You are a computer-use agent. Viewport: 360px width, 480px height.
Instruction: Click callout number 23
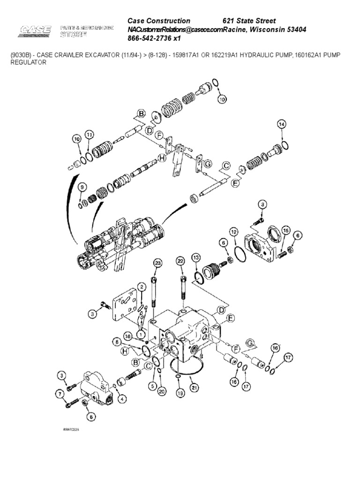(157, 264)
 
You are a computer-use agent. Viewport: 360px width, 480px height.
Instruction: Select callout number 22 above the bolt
(180, 261)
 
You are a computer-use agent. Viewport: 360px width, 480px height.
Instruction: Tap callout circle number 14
(281, 124)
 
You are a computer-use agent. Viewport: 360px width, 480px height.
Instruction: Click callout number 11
(89, 135)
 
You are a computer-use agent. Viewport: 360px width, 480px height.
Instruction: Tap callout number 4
(122, 399)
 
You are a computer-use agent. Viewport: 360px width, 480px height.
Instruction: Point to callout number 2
(141, 287)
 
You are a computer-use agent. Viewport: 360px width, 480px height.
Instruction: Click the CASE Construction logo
(34, 32)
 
